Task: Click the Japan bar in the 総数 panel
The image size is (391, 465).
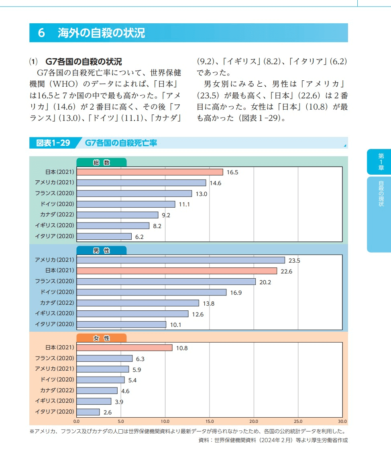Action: [x=149, y=172]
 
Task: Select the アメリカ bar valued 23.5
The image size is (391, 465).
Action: [x=181, y=260]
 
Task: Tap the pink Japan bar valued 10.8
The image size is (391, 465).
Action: [x=124, y=347]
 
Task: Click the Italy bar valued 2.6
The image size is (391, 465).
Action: [x=88, y=412]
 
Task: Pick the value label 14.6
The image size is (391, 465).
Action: [x=216, y=183]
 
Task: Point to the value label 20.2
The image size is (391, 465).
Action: [x=265, y=282]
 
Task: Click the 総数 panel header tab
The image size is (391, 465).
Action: [x=101, y=163]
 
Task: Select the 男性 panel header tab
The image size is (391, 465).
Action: [x=101, y=251]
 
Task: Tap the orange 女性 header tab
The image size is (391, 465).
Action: [x=101, y=338]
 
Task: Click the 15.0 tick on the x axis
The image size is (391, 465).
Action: [x=210, y=422]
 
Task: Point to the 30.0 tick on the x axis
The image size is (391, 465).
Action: [x=342, y=422]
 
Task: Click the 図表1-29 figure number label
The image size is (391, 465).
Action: [x=53, y=143]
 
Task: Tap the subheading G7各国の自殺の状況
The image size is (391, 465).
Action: [x=83, y=62]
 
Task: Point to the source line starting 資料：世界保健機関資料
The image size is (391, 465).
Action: [x=273, y=440]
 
